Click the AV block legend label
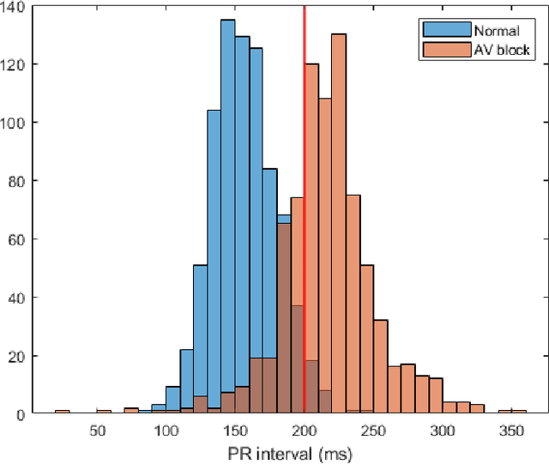(504, 51)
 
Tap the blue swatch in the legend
(446, 31)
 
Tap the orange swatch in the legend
(446, 51)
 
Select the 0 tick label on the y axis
(24, 414)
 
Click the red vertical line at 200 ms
(305, 214)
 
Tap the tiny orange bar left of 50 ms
(62, 413)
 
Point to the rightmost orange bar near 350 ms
(519, 413)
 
